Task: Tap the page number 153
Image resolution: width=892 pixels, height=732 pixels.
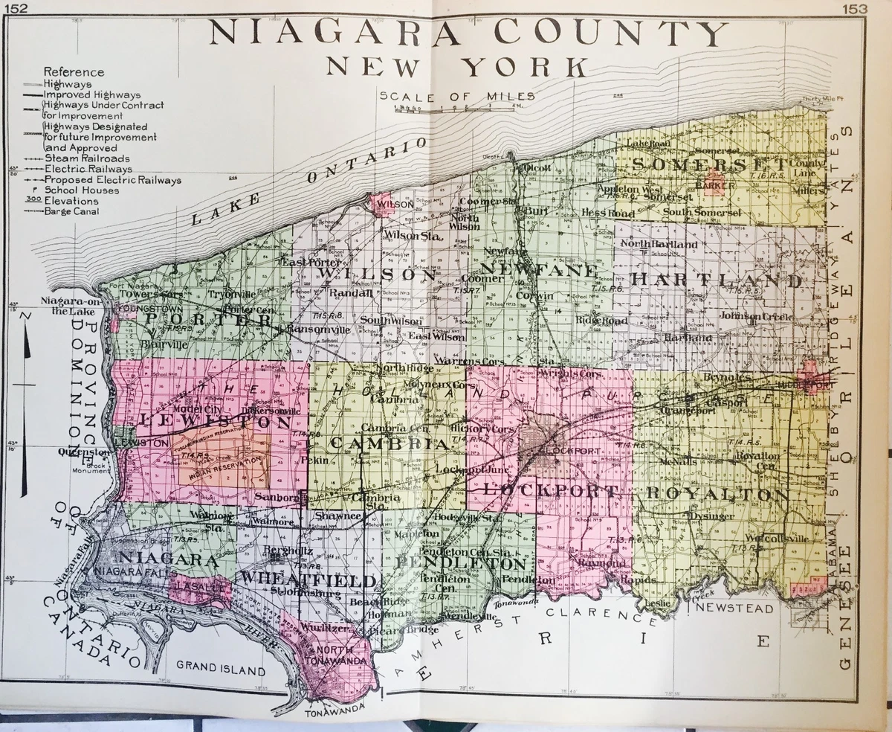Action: [856, 8]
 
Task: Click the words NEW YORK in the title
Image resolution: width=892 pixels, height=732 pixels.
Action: [455, 67]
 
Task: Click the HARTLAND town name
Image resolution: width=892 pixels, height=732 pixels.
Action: [717, 281]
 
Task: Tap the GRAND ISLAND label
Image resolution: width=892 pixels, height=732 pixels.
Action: [220, 670]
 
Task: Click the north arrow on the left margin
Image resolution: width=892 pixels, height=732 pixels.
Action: [24, 402]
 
